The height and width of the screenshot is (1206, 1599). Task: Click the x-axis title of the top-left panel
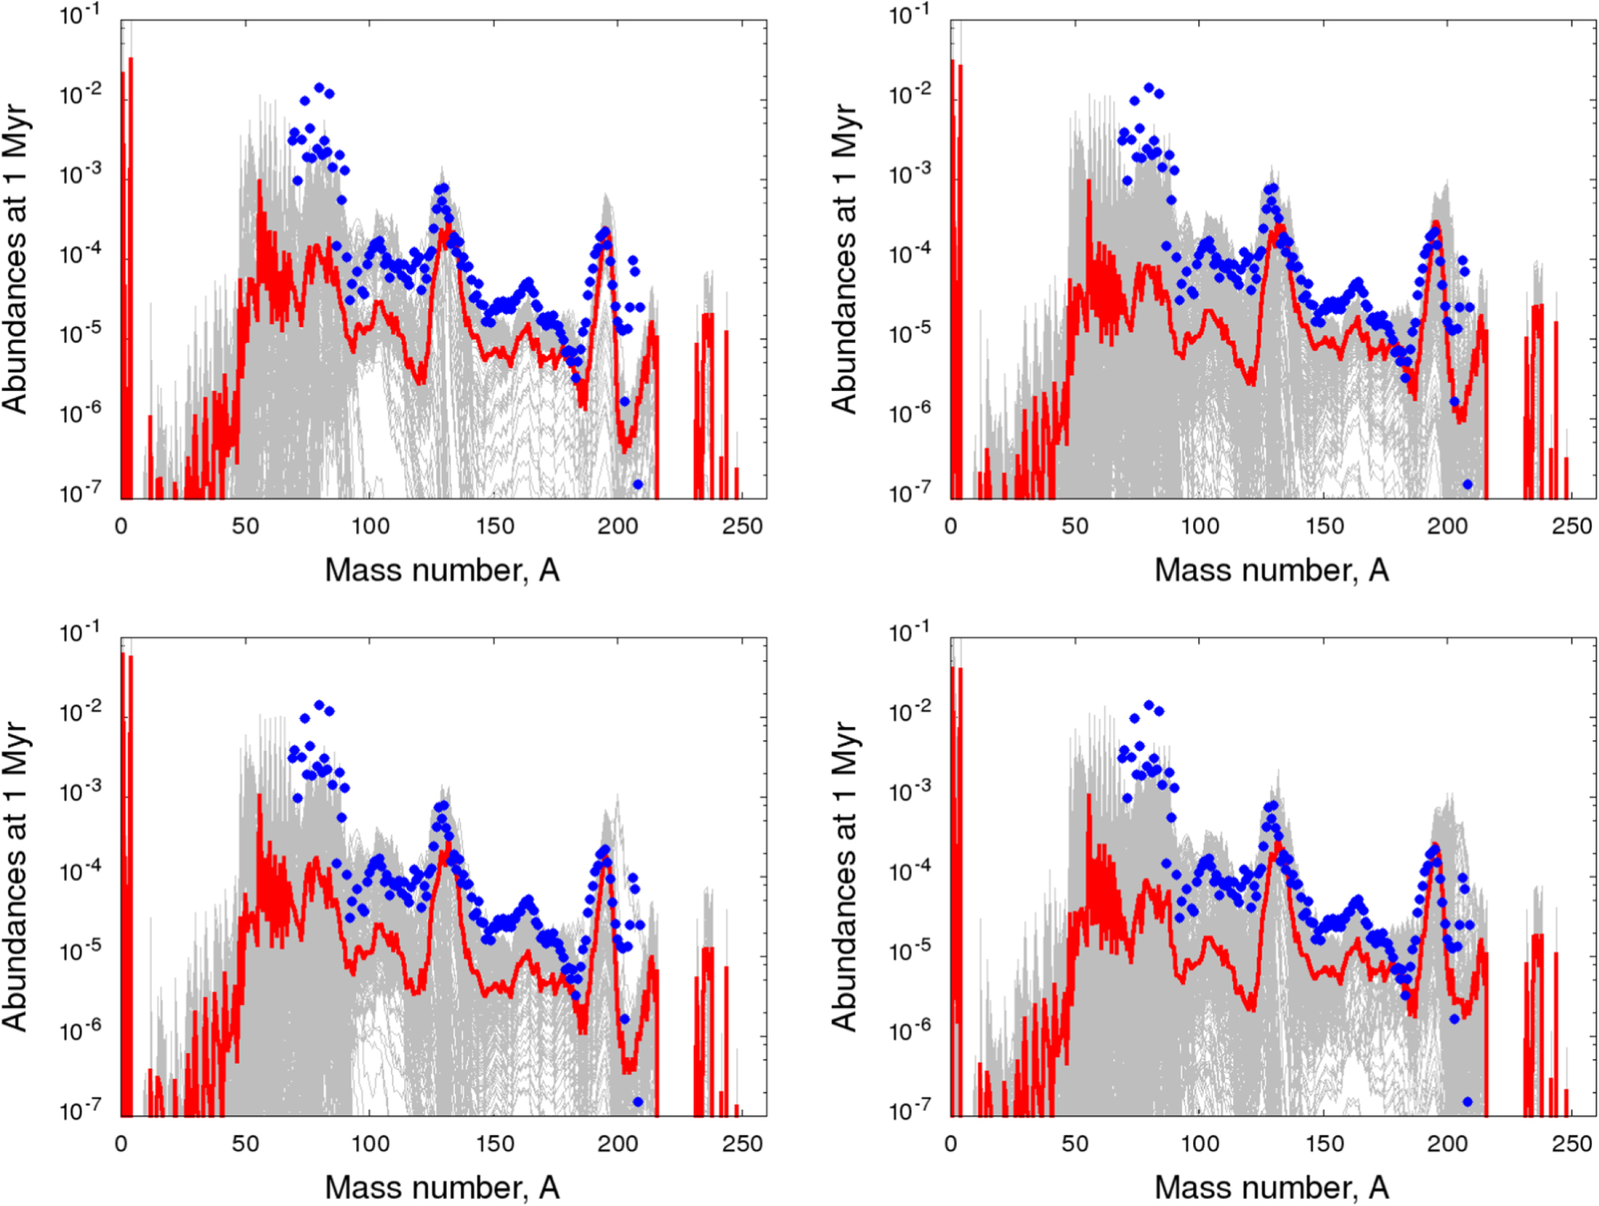coord(442,570)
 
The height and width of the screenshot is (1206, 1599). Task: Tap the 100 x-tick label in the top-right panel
coord(1199,526)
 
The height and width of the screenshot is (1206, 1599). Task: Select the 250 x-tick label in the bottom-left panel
coord(742,1144)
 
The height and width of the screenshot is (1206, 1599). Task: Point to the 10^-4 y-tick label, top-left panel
coord(80,254)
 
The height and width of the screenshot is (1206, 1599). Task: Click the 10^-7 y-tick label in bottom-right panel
coord(910,1110)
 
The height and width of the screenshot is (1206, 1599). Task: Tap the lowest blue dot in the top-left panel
coord(638,484)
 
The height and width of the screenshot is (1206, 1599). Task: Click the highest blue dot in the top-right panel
coord(1149,88)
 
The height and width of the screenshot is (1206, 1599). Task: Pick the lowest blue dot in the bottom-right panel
coord(1468,1102)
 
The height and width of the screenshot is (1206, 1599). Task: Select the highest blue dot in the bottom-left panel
coord(319,705)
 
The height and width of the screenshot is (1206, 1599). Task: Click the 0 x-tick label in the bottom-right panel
coord(951,1144)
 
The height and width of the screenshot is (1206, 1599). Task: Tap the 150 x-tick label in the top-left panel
coord(494,526)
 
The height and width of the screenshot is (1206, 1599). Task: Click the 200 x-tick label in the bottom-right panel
coord(1447,1144)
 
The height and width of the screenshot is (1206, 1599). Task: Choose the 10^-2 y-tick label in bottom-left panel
coord(80,711)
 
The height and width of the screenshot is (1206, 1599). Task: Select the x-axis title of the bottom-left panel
coord(442,1187)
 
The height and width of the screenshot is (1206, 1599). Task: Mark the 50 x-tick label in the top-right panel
coord(1075,526)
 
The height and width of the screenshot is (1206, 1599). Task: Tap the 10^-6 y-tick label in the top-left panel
coord(80,413)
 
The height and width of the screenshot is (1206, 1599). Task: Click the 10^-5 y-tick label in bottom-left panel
coord(80,951)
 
